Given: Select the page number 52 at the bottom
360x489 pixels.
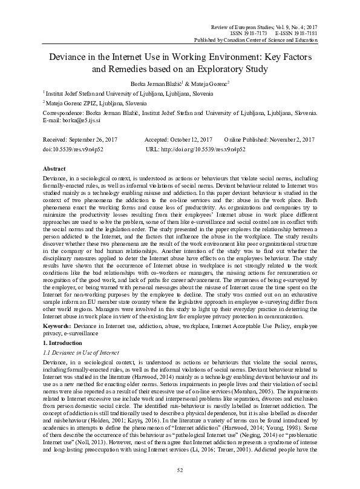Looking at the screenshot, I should pos(180,470).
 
